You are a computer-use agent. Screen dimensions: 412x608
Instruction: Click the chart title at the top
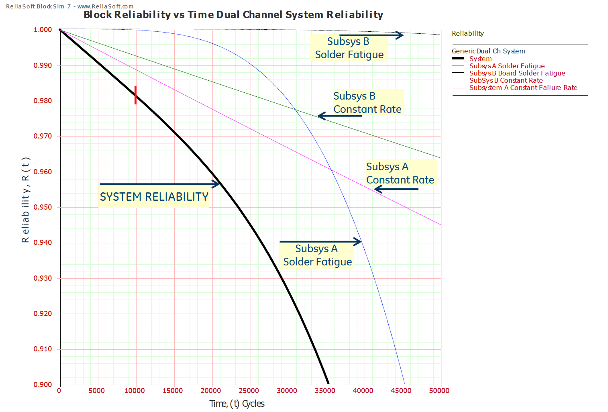(x=233, y=15)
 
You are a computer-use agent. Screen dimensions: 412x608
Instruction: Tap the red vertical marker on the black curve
(x=135, y=95)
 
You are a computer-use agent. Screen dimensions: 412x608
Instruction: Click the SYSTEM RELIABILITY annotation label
(x=154, y=197)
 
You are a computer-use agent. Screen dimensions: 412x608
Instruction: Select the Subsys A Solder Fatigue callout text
(x=317, y=255)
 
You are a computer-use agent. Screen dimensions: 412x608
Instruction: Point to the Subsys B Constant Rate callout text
(x=367, y=102)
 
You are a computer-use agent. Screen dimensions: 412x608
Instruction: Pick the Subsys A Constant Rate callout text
(x=400, y=173)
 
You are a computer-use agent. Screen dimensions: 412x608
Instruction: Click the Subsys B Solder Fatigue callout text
(x=349, y=48)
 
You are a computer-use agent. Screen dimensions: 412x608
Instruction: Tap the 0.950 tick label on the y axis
(x=43, y=207)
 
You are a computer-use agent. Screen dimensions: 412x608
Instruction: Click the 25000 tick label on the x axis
(x=249, y=391)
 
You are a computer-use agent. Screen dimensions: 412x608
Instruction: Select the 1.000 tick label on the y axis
(x=43, y=30)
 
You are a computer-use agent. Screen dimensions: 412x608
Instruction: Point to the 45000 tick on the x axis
(x=401, y=391)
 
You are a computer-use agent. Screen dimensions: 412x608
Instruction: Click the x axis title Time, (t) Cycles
(x=237, y=404)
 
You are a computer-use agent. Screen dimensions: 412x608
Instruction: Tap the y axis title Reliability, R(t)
(x=25, y=200)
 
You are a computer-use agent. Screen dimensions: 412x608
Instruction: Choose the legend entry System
(x=480, y=59)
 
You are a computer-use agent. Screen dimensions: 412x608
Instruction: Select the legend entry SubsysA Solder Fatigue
(x=507, y=66)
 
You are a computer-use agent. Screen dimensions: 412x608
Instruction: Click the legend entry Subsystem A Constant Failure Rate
(x=523, y=88)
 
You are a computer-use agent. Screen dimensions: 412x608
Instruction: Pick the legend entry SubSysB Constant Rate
(x=506, y=80)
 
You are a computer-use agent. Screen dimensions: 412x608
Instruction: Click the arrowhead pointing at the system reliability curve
(x=217, y=184)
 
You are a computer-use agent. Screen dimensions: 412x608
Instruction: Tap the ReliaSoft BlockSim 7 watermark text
(x=69, y=6)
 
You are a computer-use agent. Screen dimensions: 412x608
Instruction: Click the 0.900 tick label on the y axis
(x=43, y=385)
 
